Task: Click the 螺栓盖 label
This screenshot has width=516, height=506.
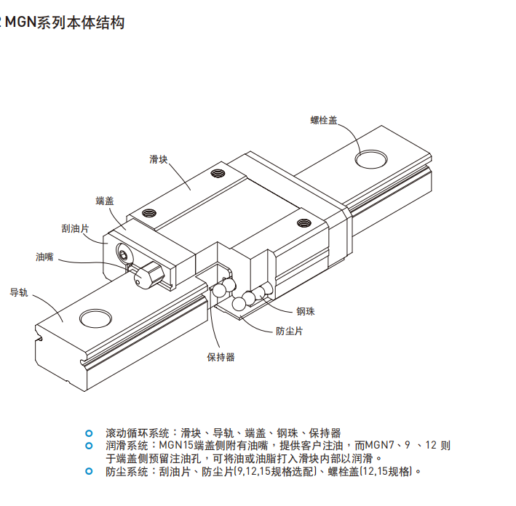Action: [x=323, y=121]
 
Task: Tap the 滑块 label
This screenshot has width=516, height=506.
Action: [x=159, y=159]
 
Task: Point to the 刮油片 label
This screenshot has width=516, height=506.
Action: [x=75, y=228]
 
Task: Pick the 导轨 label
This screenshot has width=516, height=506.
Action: [x=18, y=292]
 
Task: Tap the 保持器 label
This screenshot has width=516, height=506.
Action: [x=221, y=357]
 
